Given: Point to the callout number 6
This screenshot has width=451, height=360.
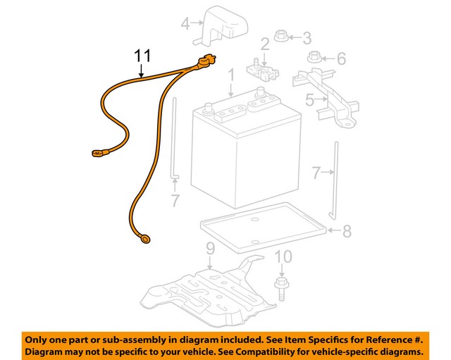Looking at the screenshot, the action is (x=341, y=58).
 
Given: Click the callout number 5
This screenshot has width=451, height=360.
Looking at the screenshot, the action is (x=309, y=101).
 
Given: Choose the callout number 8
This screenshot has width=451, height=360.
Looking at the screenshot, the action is (x=346, y=231).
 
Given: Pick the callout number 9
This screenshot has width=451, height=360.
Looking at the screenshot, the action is (x=209, y=248).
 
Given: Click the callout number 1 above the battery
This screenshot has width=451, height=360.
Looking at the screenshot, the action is (x=230, y=74).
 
